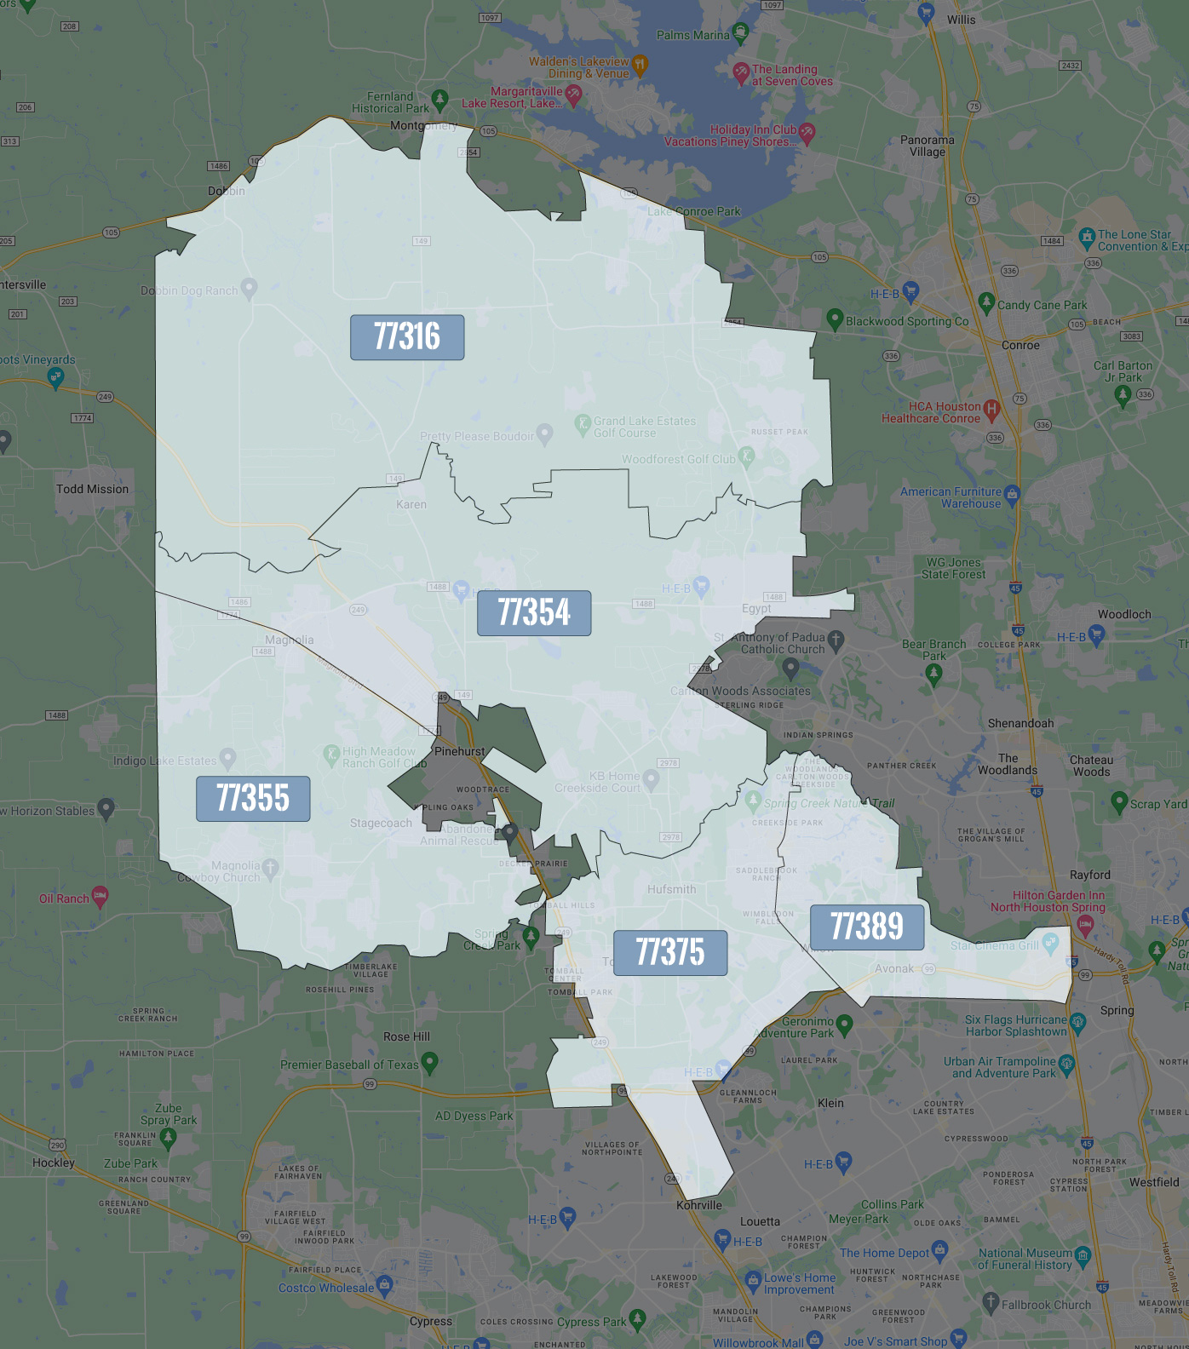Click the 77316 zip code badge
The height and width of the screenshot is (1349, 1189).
tap(407, 337)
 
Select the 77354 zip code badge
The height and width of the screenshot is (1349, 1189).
tap(534, 613)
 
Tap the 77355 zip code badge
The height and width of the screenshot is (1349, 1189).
tap(253, 799)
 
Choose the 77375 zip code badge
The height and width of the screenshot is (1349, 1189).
tap(670, 952)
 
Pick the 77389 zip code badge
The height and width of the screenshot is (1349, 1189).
tap(867, 927)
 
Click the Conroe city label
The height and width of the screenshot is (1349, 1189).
tap(1020, 345)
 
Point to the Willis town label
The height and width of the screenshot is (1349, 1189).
tap(961, 20)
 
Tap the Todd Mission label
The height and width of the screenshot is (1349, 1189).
tap(92, 489)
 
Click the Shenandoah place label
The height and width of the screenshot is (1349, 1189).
tap(1020, 723)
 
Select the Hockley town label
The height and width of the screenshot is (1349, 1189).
tap(54, 1162)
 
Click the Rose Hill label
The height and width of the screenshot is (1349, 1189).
tap(406, 1036)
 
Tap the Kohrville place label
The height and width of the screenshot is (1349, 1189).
tap(698, 1205)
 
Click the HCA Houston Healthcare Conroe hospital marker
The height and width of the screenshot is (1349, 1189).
tap(991, 410)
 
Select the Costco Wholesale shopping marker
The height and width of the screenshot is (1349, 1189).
tap(384, 1284)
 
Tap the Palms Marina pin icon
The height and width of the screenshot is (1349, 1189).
tap(740, 33)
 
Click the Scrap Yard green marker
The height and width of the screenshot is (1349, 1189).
tap(1119, 801)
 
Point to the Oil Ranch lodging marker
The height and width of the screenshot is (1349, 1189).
tap(100, 896)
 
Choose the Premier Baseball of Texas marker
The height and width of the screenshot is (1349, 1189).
tap(429, 1062)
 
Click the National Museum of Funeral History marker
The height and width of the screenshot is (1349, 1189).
tap(1083, 1254)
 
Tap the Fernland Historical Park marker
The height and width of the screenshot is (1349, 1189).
tap(439, 100)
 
